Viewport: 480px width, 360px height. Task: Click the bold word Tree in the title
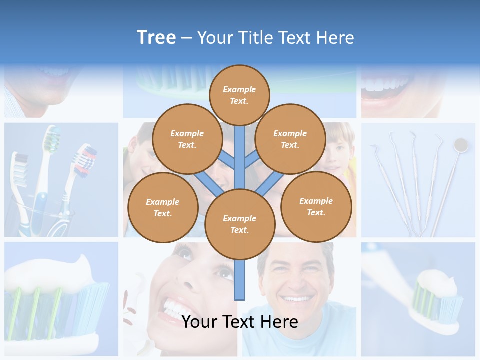pos(156,37)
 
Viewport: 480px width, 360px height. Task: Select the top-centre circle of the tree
pos(239,95)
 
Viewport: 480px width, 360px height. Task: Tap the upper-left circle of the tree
pos(187,139)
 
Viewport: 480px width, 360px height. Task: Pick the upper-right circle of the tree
pos(290,139)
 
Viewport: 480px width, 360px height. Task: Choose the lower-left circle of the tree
pos(163,207)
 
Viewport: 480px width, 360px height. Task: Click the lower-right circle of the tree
pos(316,206)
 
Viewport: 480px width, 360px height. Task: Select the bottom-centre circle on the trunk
pos(240,224)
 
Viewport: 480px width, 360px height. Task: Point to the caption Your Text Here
pos(240,322)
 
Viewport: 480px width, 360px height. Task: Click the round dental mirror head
pos(460,145)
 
